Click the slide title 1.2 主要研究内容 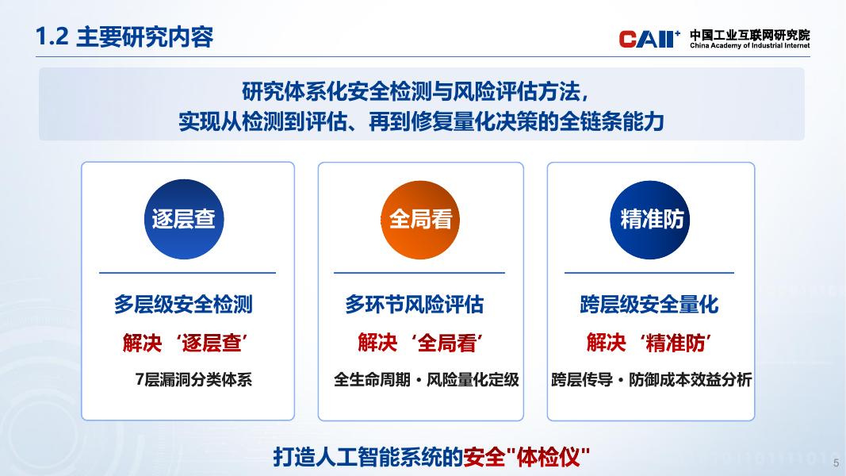124,36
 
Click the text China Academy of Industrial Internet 749,46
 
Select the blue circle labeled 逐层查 183,219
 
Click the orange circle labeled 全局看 420,220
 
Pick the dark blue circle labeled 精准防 650,220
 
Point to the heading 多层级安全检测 183,305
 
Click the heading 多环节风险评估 415,305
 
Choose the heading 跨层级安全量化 649,305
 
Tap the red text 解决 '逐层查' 185,343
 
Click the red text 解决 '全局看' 420,343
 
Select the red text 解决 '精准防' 649,343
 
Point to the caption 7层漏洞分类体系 193,379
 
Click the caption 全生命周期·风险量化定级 427,379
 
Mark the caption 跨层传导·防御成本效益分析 651,379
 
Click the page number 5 836,463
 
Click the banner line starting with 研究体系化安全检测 415,92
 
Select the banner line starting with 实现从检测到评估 421,122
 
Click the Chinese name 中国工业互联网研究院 749,35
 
